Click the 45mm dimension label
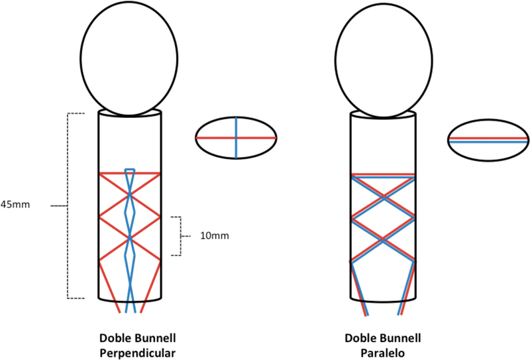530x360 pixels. (x=15, y=205)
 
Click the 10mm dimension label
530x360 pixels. (x=215, y=236)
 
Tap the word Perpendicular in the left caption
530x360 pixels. (x=138, y=353)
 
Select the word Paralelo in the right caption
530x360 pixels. (x=383, y=353)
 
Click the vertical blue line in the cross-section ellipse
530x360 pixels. (x=237, y=138)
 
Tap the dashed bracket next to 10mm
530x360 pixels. (x=180, y=236)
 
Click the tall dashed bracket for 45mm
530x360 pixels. (x=68, y=206)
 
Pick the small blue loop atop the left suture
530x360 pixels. (x=130, y=169)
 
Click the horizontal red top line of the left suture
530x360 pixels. (x=129, y=174)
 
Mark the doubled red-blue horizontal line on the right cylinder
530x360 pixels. (x=384, y=176)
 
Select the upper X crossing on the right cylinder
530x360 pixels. (x=384, y=197)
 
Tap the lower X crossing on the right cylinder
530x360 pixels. (x=384, y=240)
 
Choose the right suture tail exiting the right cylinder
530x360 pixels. (x=407, y=288)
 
